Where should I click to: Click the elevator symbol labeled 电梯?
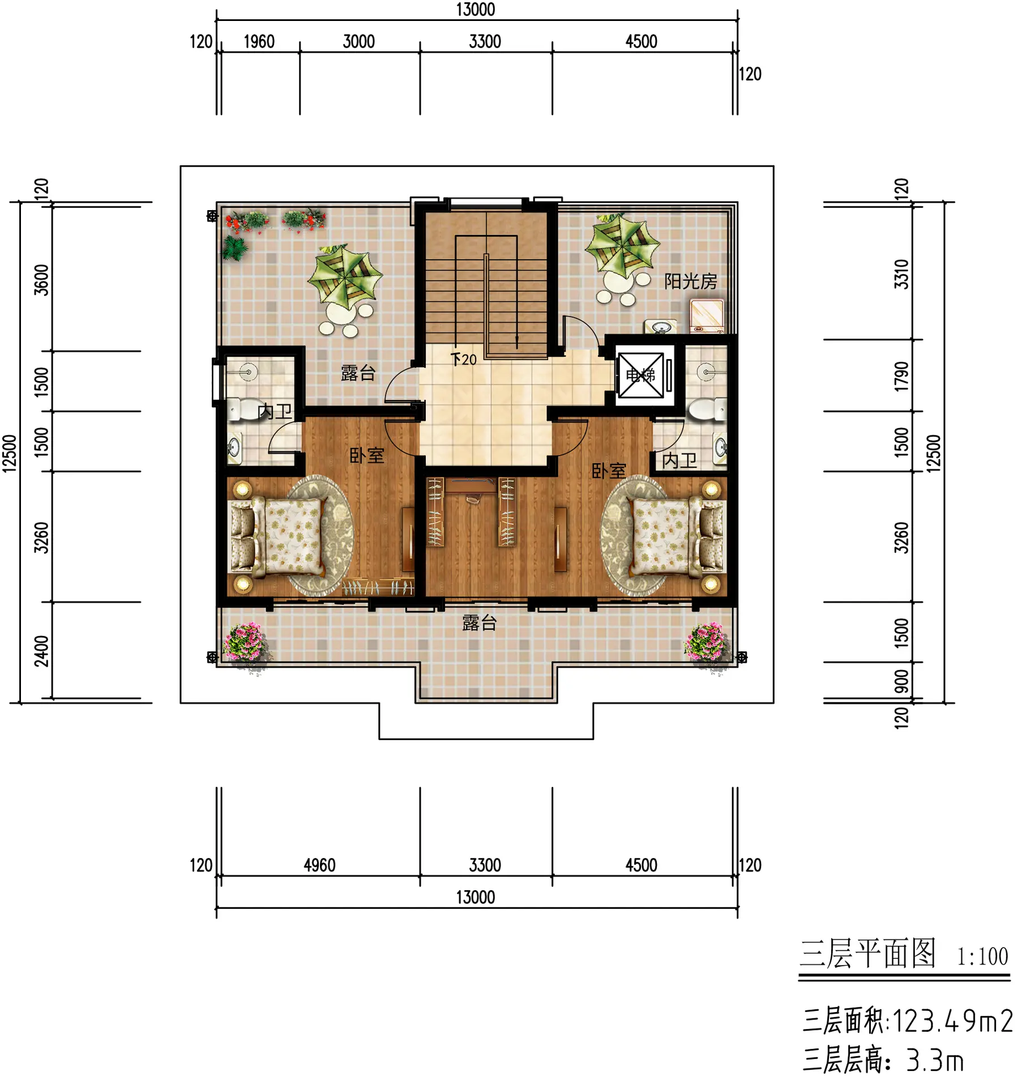(640, 375)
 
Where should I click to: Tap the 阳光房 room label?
(690, 281)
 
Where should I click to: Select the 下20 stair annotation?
(464, 359)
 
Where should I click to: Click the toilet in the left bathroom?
(241, 409)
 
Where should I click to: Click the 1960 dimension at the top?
(259, 42)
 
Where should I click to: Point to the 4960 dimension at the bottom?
(319, 865)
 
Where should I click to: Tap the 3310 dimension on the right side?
(901, 274)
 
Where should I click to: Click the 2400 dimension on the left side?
(41, 651)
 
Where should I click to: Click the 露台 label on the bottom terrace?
(479, 623)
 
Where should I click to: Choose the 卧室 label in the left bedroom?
(366, 455)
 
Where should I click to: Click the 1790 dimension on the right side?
(901, 376)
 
